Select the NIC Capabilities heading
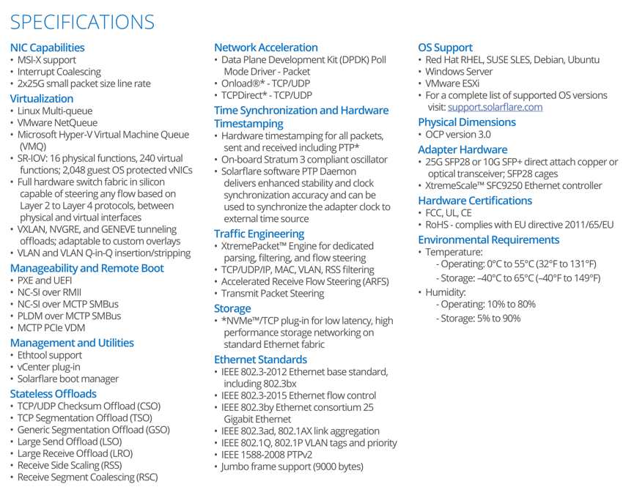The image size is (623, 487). pos(47,48)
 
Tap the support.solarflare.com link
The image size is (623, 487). pos(495,107)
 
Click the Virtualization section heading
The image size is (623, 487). pos(42,98)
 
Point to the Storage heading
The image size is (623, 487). pos(232,308)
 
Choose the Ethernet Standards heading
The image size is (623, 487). pos(260,360)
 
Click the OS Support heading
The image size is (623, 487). pos(445,48)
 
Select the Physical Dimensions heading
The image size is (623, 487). pos(467,122)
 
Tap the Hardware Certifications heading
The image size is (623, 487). pos(473,201)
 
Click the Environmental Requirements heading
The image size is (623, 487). pos(488,239)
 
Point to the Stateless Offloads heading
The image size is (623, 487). pos(54,394)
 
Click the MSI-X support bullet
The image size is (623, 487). pos(47,60)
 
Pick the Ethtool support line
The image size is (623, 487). pos(50,355)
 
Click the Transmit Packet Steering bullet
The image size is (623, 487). pos(273,294)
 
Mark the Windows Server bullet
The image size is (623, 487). pos(459,72)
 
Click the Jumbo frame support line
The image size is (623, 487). pos(292,466)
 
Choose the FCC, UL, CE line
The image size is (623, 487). pos(450,213)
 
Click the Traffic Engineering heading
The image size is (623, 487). pos(259,233)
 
